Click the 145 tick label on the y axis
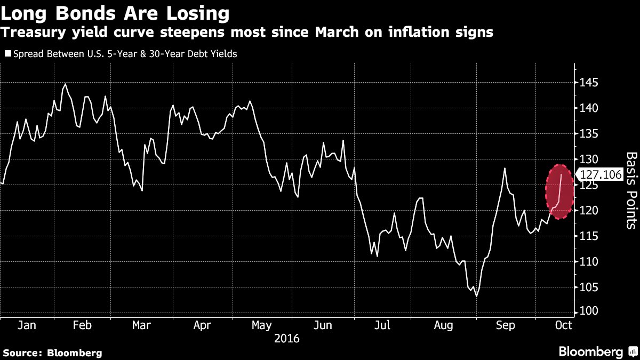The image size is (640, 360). click(588, 83)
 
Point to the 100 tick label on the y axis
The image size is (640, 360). click(588, 311)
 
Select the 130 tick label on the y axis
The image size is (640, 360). click(588, 159)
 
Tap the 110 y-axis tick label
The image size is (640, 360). click(588, 261)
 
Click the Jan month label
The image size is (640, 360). click(27, 325)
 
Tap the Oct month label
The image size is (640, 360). click(564, 325)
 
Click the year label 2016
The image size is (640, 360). click(286, 339)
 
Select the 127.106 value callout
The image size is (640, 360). click(601, 174)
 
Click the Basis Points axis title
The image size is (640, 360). click(631, 190)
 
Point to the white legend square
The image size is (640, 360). click(8, 54)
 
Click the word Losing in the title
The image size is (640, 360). click(198, 13)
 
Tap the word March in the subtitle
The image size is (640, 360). click(337, 32)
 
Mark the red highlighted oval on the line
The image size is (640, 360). click(559, 191)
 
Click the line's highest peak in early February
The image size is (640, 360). click(66, 84)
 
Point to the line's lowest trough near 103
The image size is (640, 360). click(476, 297)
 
